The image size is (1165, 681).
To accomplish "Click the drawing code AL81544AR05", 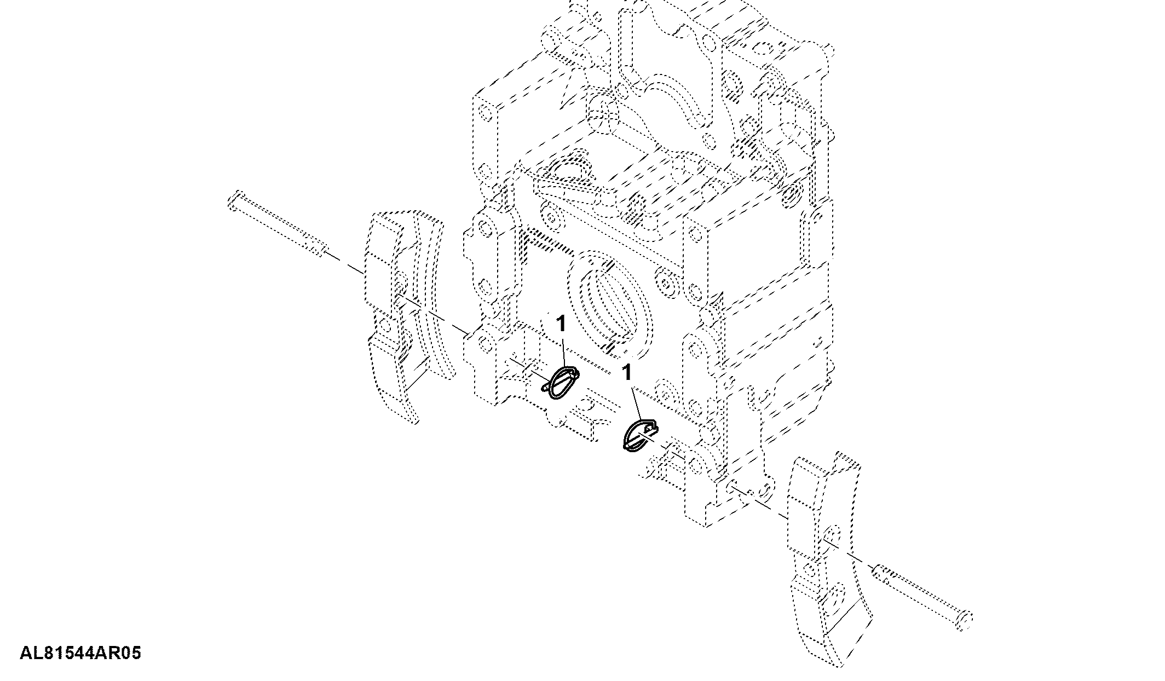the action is point(80,653).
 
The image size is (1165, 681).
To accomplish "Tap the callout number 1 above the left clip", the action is point(561,324).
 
